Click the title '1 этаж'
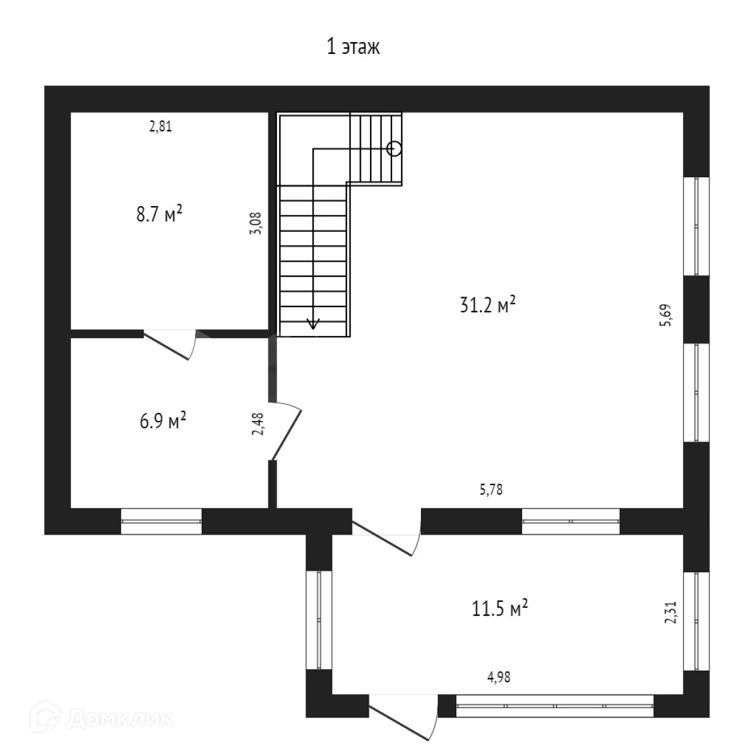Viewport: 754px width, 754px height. pyautogui.click(x=353, y=47)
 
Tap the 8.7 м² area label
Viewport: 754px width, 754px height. pyautogui.click(x=160, y=214)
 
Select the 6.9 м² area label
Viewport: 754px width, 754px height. pyautogui.click(x=163, y=420)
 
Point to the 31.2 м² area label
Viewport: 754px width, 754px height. pyautogui.click(x=488, y=305)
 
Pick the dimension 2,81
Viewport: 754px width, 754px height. pyautogui.click(x=160, y=126)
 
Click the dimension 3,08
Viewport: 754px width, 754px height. pyautogui.click(x=256, y=223)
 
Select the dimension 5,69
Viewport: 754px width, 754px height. pyautogui.click(x=666, y=316)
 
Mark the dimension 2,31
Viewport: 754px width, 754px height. pyautogui.click(x=670, y=612)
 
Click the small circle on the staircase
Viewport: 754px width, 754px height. pyautogui.click(x=394, y=148)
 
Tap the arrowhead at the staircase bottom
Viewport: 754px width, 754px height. pyautogui.click(x=312, y=324)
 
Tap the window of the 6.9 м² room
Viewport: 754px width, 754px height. pyautogui.click(x=161, y=521)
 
